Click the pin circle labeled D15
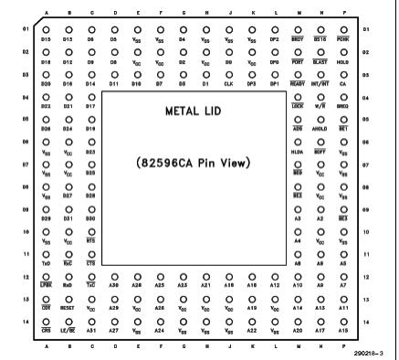pos(47,33)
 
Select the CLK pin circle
pos(228,76)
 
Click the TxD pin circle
pos(47,241)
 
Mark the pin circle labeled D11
pos(114,76)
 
